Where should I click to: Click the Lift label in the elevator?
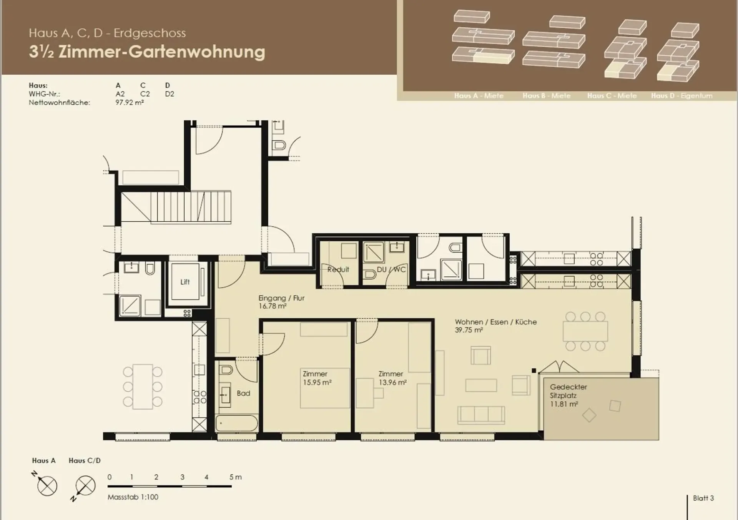185,282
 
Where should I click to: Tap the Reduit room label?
338,269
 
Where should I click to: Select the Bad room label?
243,393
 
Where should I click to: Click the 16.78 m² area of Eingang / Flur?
273,306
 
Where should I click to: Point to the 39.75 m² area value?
469,330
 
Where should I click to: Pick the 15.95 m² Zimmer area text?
317,383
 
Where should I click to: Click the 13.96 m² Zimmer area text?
392,383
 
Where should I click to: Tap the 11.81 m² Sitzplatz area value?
564,404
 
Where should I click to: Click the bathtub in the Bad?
236,423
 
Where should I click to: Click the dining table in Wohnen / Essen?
585,331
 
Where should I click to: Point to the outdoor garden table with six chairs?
143,387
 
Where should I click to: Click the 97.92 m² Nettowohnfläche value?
130,103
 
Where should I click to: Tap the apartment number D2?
170,94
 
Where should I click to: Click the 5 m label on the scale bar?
235,477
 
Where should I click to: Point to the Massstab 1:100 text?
133,497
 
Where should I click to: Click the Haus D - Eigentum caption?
681,96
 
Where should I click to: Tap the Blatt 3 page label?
703,498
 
